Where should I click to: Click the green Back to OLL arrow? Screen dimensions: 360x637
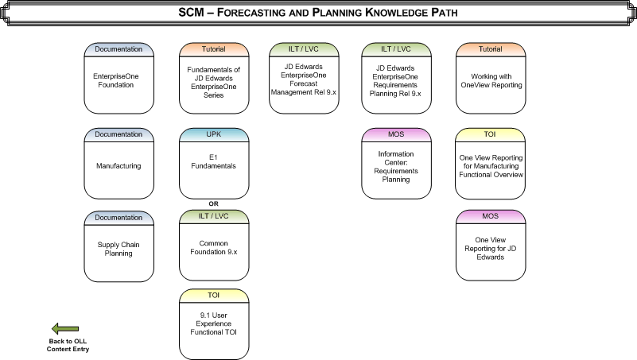click(65, 328)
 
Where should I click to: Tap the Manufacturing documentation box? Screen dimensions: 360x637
click(119, 167)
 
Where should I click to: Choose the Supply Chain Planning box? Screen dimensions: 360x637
click(119, 249)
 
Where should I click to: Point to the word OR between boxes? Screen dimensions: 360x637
click(213, 203)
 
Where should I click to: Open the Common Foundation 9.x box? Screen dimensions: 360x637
click(213, 249)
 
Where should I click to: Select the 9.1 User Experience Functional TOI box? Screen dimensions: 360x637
click(213, 327)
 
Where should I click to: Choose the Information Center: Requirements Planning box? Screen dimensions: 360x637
click(396, 168)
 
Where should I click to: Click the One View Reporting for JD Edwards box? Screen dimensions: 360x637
click(491, 249)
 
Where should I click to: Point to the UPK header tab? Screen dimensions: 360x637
click(213, 133)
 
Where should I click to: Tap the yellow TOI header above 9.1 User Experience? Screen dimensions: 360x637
click(213, 294)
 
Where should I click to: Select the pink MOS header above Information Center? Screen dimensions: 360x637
click(396, 133)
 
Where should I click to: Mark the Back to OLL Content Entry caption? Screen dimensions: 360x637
click(68, 345)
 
